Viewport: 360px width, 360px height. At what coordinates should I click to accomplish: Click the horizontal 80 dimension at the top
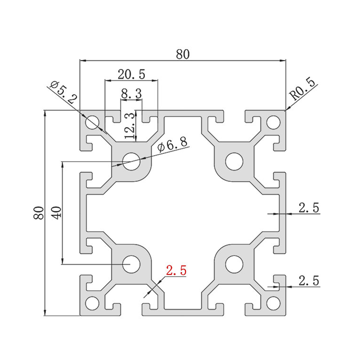point(183,54)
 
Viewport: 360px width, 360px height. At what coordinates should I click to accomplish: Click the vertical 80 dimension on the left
point(39,213)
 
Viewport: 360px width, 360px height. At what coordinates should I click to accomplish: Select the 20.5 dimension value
point(131,74)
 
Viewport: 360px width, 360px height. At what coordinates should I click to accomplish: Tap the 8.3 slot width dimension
point(131,94)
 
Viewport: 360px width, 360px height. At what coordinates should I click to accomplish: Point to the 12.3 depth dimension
point(130,126)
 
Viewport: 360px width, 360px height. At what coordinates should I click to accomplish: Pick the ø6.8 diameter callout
point(172,144)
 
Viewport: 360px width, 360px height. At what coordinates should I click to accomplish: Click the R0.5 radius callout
point(302,90)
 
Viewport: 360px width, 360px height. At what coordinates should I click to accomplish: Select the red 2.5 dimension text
point(176,270)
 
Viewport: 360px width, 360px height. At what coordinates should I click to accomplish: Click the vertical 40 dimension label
point(57,213)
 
